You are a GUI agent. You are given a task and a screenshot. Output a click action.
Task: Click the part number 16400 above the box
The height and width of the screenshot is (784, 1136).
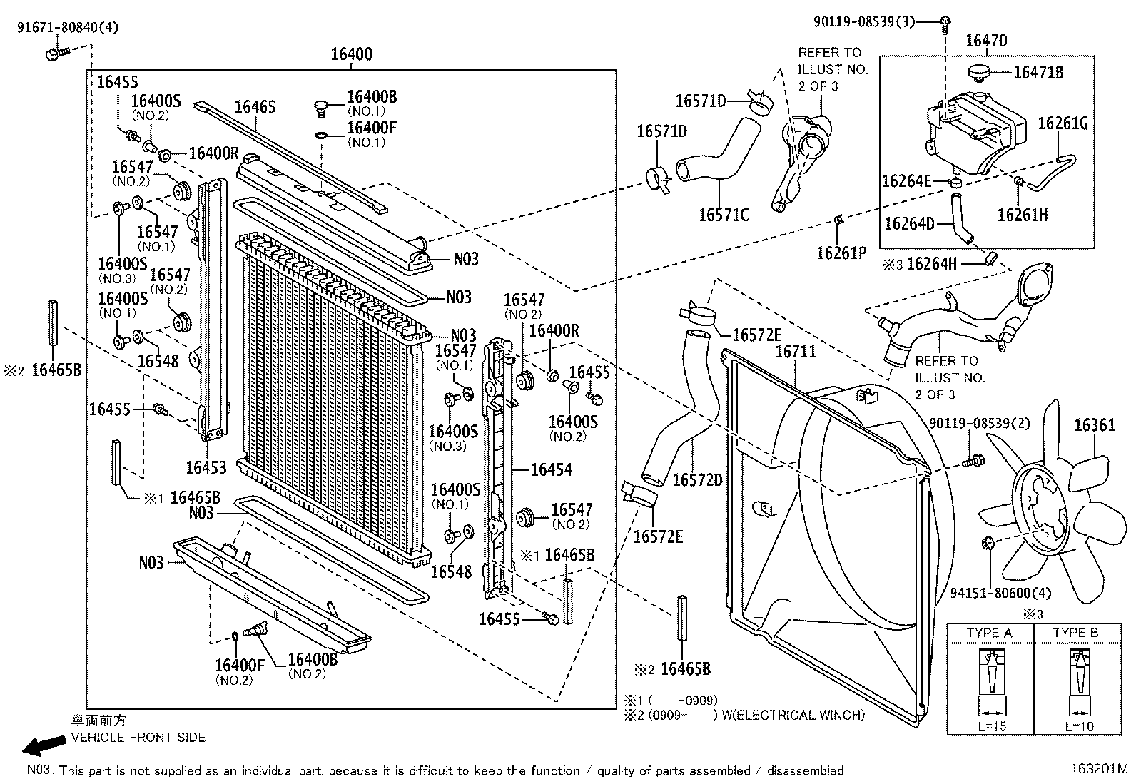[351, 54]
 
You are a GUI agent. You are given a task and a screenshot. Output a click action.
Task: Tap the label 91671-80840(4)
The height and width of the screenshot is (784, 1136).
[68, 28]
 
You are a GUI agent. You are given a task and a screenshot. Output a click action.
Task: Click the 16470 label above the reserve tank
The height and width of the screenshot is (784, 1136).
[986, 41]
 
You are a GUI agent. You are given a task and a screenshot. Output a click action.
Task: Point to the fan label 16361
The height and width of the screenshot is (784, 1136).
[1095, 426]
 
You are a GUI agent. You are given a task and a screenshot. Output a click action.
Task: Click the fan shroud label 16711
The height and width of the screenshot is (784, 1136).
[796, 352]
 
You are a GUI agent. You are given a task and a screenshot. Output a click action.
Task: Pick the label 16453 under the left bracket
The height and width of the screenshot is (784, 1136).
[206, 467]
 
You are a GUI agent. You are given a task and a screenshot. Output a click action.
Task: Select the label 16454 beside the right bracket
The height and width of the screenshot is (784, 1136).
[552, 469]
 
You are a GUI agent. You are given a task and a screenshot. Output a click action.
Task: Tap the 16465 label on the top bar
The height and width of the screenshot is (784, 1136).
[255, 107]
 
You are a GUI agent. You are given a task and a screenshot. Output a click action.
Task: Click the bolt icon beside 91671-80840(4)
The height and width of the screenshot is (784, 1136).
[57, 52]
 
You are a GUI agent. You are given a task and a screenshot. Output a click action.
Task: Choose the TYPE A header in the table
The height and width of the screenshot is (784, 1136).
[989, 633]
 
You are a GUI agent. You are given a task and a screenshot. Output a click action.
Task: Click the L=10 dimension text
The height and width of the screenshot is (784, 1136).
[1079, 726]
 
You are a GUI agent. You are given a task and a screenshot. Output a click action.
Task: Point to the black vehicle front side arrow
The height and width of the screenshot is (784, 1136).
[41, 746]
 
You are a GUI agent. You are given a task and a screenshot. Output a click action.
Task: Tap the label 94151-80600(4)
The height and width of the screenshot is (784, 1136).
[991, 592]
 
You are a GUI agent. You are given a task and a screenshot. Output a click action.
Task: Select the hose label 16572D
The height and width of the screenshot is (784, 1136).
[697, 479]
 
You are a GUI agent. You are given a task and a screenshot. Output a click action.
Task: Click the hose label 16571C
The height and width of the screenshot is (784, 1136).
[724, 214]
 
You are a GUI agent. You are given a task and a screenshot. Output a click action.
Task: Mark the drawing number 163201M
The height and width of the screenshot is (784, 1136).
[1099, 769]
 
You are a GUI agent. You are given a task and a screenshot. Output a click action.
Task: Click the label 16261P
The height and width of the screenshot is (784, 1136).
[841, 253]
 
